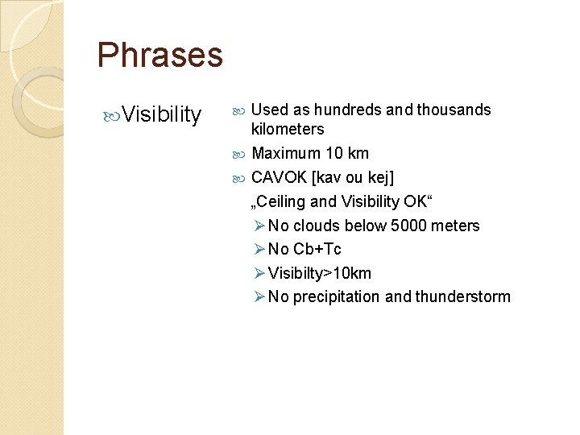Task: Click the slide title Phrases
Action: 159,55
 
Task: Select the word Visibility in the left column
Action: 164,115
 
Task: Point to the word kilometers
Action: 288,129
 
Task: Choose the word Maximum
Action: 286,153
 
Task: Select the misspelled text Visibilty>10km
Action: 320,273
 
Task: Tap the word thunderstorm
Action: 462,296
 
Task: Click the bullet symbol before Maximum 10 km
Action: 243,153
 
